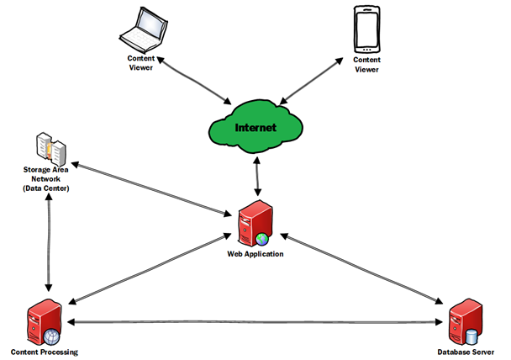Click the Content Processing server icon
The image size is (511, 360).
click(45, 323)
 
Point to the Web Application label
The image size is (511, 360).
click(256, 252)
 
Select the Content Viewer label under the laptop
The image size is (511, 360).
click(142, 62)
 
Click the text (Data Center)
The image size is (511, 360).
click(45, 188)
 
